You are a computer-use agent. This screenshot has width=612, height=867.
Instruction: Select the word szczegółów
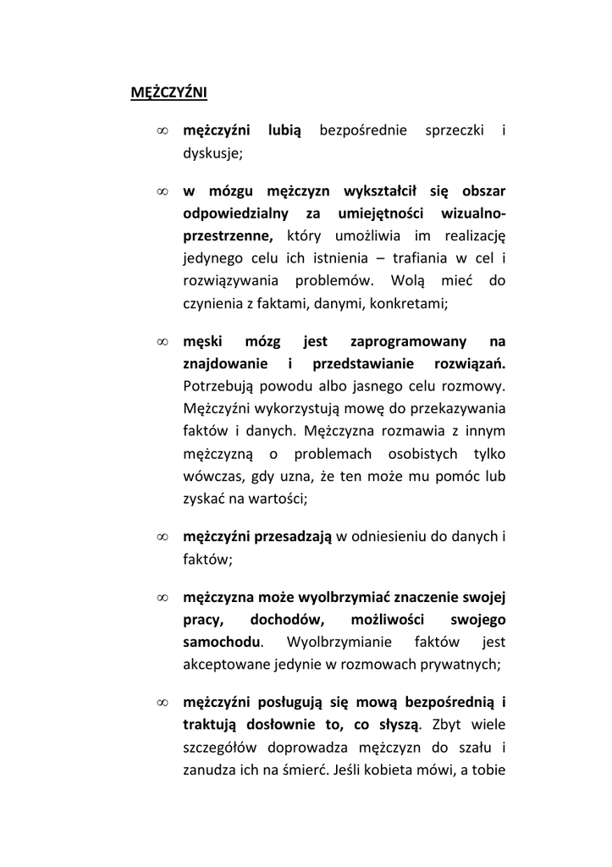(x=220, y=747)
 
